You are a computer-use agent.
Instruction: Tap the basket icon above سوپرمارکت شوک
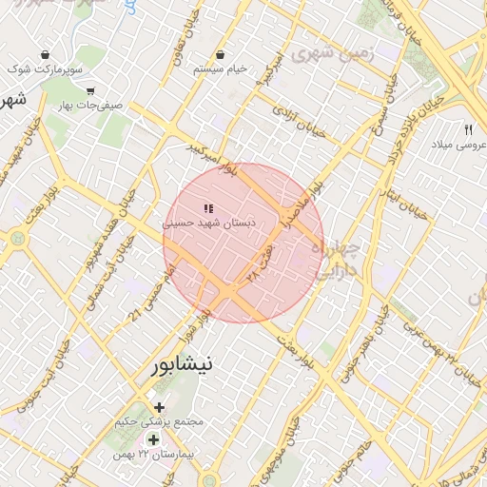pos(46,54)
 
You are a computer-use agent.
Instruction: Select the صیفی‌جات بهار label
pos(90,107)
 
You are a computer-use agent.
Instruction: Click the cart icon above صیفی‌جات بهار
pos(90,92)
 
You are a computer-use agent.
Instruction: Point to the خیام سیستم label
pos(220,69)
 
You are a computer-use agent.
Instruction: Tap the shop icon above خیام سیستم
pos(221,54)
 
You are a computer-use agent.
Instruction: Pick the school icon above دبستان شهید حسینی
pos(207,207)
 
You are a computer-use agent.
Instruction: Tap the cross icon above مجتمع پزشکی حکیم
pos(159,407)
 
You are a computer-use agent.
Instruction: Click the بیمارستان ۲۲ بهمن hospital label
pos(152,456)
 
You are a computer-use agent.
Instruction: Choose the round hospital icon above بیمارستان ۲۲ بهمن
pos(153,440)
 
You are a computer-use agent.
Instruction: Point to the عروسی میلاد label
pos(458,145)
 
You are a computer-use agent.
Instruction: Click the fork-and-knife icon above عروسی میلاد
pos(468,129)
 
